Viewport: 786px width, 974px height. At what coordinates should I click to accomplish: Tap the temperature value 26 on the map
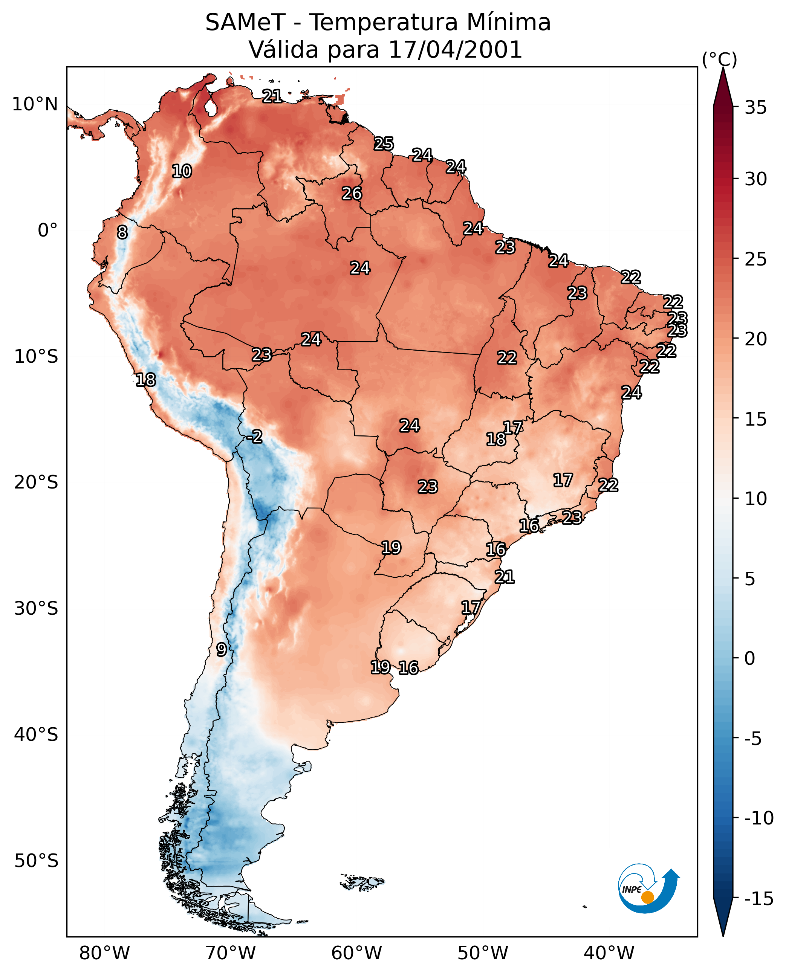pos(352,194)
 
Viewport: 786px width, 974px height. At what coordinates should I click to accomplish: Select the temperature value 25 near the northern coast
pos(384,144)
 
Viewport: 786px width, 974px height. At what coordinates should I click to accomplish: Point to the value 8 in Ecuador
pos(122,232)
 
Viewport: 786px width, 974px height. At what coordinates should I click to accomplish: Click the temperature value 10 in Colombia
pos(182,171)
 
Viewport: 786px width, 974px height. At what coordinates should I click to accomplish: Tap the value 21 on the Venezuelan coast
pos(272,96)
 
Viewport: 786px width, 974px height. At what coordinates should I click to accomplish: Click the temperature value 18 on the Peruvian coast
pos(146,380)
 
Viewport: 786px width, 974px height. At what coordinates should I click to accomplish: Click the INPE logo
pos(649,889)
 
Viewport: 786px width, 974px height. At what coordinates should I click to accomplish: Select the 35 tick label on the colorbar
pos(755,108)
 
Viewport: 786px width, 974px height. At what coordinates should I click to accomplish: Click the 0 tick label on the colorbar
pos(750,658)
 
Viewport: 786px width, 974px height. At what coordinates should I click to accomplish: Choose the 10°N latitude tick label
pos(35,105)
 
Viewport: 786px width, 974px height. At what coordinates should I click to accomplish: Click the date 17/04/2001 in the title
pos(456,49)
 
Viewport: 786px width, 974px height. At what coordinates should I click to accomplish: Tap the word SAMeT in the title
pos(245,22)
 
